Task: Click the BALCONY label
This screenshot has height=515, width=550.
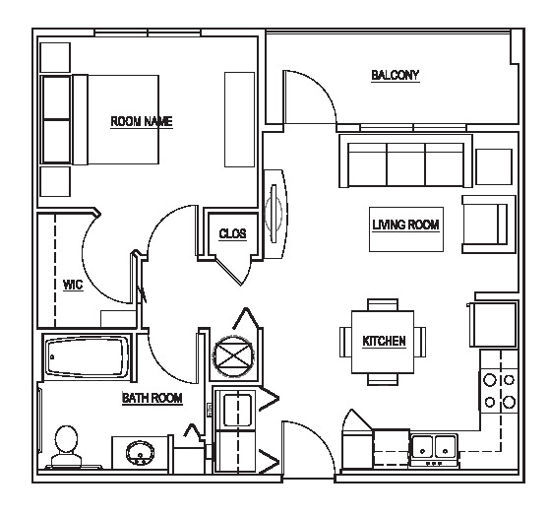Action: (x=396, y=75)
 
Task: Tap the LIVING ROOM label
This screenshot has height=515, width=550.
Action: (x=405, y=225)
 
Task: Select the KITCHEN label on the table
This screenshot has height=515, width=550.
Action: (x=384, y=341)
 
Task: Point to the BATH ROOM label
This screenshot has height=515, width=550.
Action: (x=153, y=398)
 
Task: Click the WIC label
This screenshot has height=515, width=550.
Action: (x=73, y=285)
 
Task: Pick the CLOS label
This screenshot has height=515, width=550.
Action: (x=232, y=233)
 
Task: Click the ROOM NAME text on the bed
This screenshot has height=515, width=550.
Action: (x=142, y=121)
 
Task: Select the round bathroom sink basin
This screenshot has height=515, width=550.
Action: (x=141, y=453)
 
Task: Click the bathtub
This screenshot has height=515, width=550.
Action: (x=87, y=357)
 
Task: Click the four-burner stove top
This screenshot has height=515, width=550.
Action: (x=499, y=391)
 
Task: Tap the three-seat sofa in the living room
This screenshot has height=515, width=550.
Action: (x=405, y=161)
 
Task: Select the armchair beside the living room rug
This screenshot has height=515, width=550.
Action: (x=489, y=224)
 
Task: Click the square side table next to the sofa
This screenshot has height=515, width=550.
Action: (x=494, y=166)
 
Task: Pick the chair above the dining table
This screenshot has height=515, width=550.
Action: (x=383, y=304)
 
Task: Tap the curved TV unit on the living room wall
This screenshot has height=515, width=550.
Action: (x=275, y=214)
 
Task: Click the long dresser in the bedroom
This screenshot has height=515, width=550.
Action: (x=239, y=119)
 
